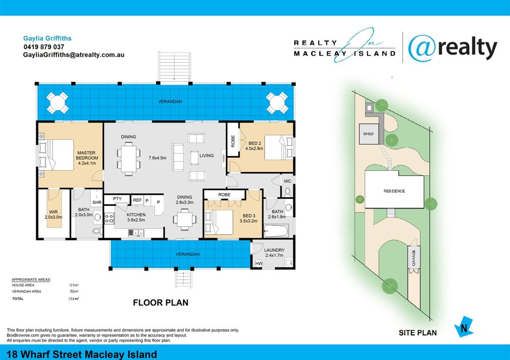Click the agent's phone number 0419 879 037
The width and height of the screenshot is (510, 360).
point(44,47)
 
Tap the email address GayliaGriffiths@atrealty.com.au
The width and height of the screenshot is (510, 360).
point(73,55)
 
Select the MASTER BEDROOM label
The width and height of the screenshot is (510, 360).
point(87,155)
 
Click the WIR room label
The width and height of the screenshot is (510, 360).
point(54,212)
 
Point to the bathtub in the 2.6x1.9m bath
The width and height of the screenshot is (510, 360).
point(276,232)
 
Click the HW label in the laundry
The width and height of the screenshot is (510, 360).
point(259,264)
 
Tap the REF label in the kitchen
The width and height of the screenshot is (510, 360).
point(137,200)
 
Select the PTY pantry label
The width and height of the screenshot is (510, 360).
point(117,199)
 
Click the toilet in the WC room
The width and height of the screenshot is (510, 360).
point(288,192)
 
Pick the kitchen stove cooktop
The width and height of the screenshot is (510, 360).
point(109,218)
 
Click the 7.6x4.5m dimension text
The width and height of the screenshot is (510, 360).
point(158,158)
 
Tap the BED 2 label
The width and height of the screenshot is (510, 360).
point(254,143)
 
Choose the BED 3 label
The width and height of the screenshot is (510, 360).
point(249,216)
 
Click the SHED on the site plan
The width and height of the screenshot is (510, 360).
point(369,134)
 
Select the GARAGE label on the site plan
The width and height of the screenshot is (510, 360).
point(414,258)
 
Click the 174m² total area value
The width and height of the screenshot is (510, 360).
point(73,299)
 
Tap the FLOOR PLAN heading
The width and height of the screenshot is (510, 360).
point(161,303)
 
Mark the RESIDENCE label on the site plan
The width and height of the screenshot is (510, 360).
point(394,191)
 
